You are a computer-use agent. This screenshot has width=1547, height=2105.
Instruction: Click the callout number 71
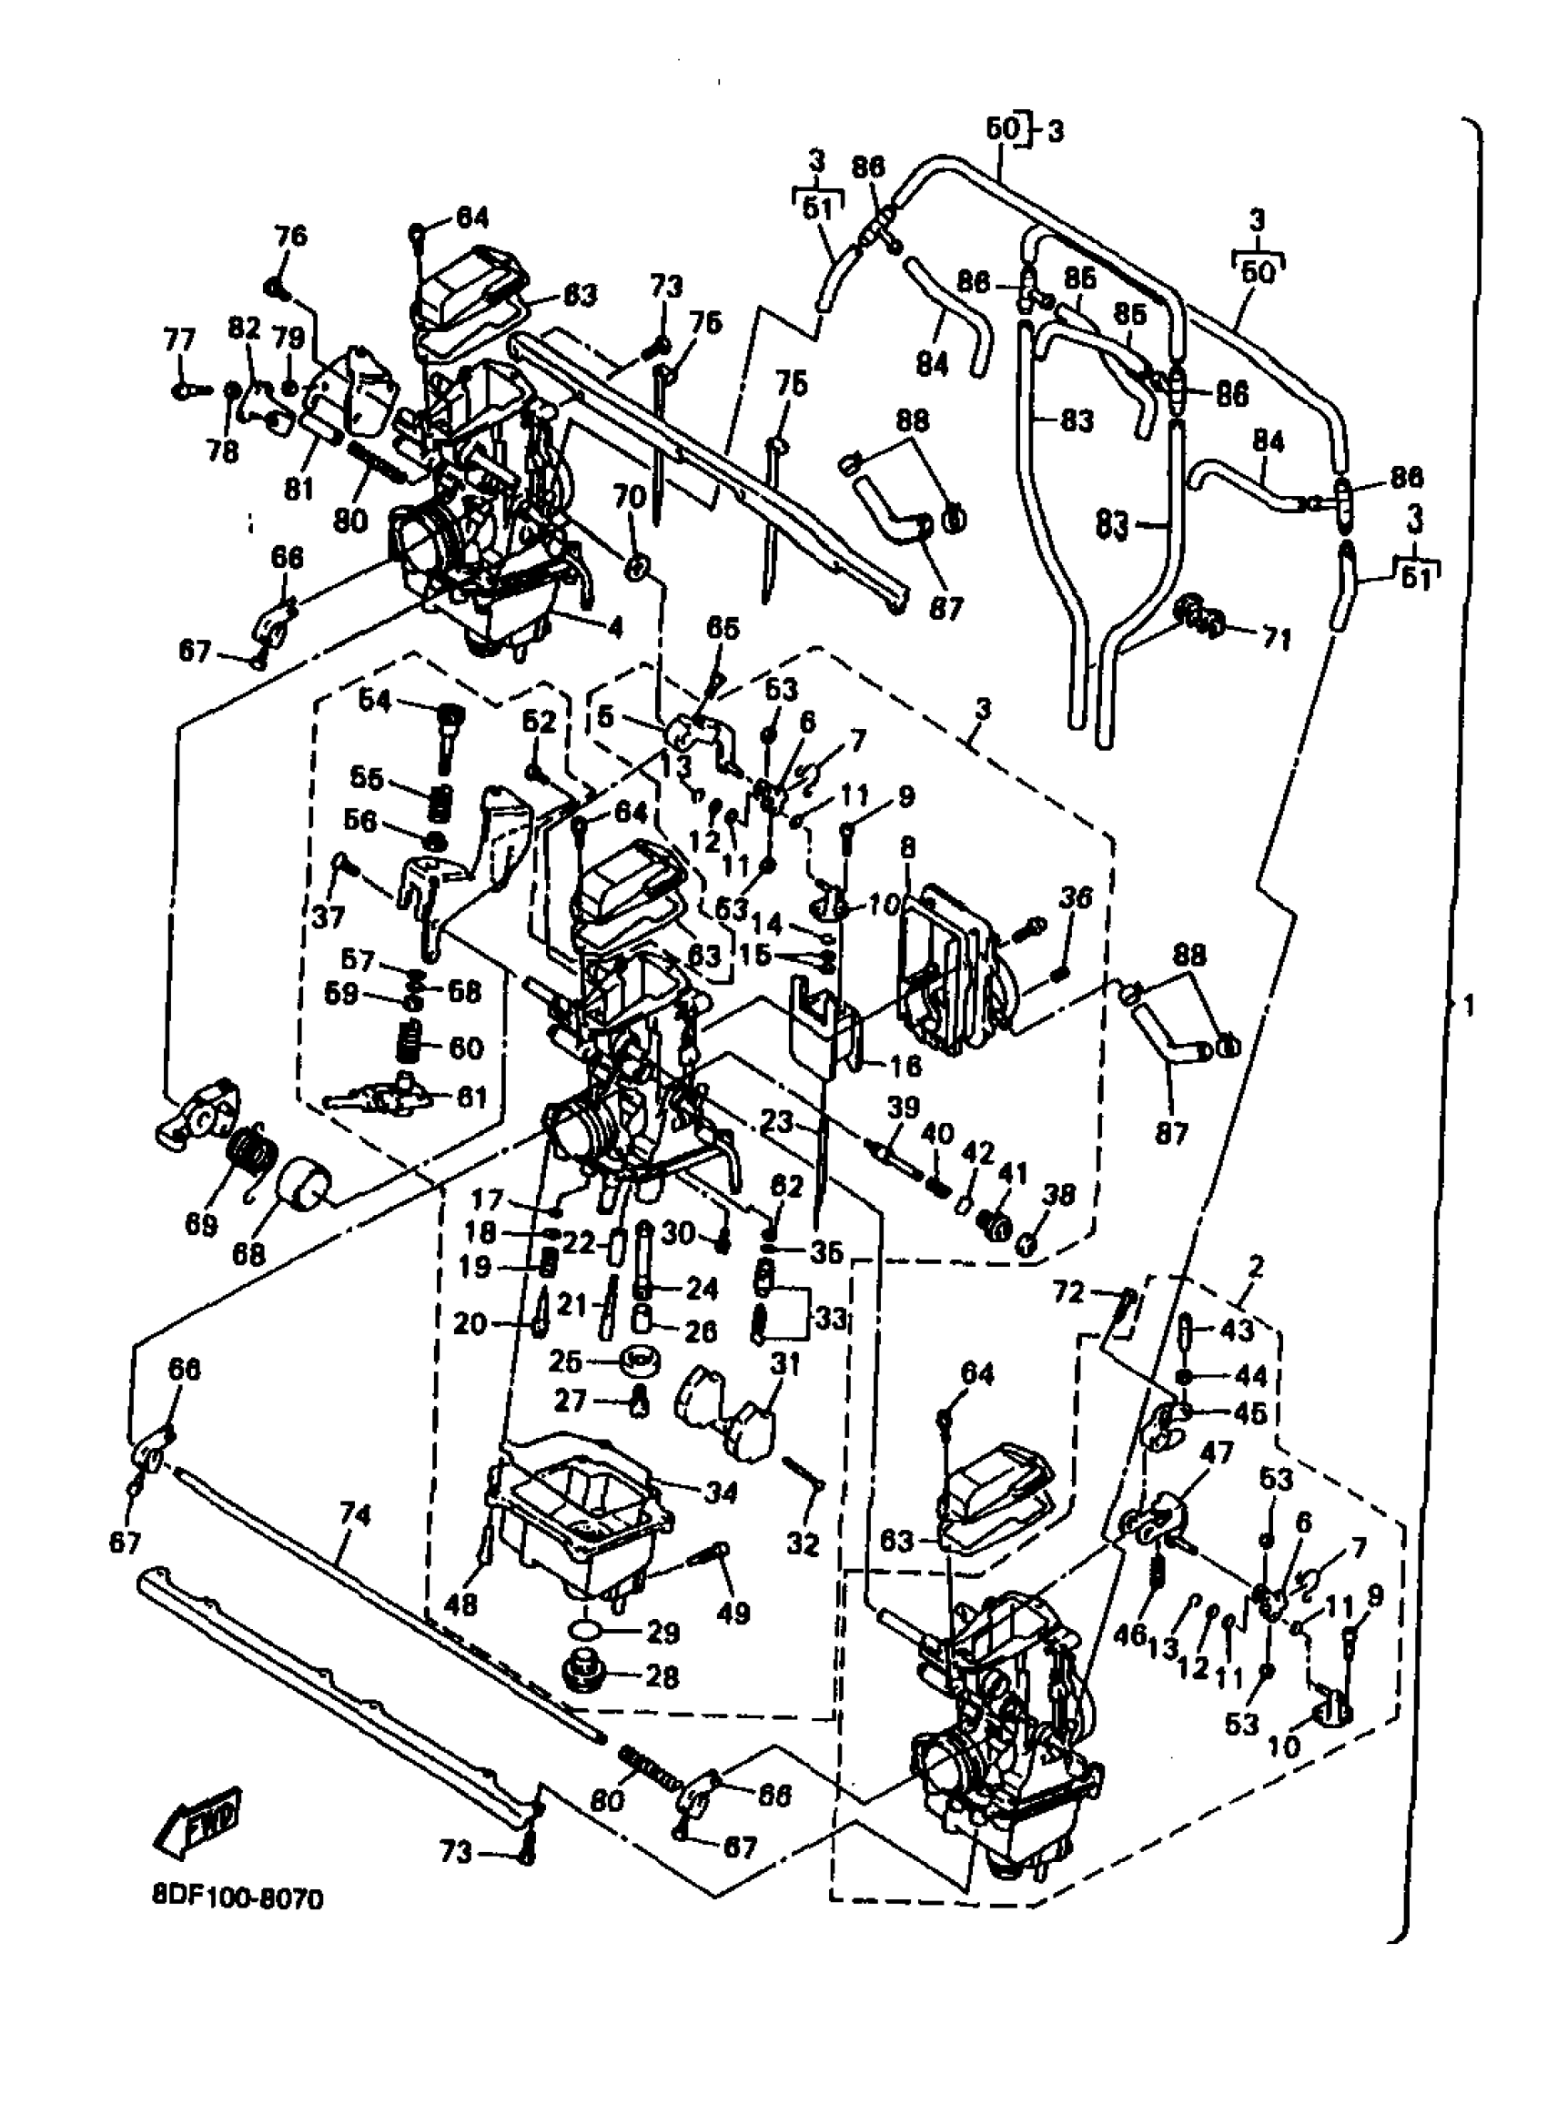point(1276,640)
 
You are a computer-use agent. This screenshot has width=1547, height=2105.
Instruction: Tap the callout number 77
point(179,339)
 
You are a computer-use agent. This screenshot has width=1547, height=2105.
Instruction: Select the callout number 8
point(906,848)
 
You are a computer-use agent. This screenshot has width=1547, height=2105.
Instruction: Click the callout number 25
point(591,1361)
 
